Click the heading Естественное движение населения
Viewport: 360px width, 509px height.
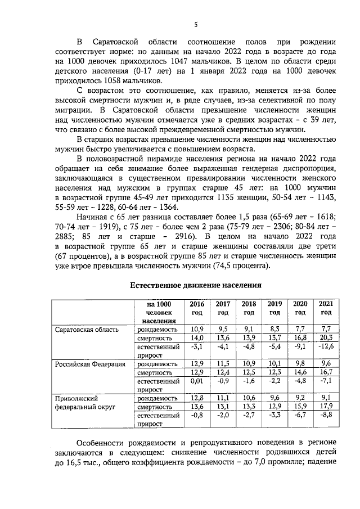(x=196, y=285)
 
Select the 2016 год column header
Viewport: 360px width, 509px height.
(x=197, y=308)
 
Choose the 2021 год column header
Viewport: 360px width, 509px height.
(x=326, y=308)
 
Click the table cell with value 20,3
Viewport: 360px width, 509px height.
(x=326, y=338)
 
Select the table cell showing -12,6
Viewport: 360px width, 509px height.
(x=326, y=347)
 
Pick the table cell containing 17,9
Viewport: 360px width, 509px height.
(x=326, y=407)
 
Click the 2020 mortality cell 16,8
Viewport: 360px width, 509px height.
(x=300, y=338)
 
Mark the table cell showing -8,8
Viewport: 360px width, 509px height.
(x=326, y=416)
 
